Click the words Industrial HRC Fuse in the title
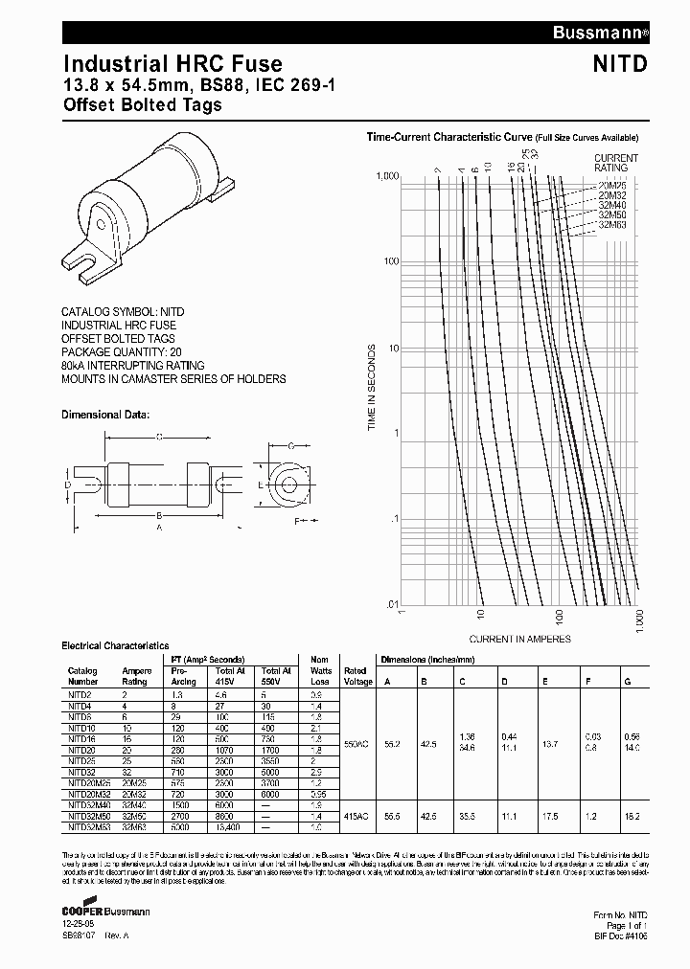pyautogui.click(x=172, y=64)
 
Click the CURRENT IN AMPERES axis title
pyautogui.click(x=519, y=639)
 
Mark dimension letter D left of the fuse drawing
pyautogui.click(x=68, y=485)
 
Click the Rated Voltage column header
pyautogui.click(x=355, y=677)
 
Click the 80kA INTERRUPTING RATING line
pyautogui.click(x=133, y=366)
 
